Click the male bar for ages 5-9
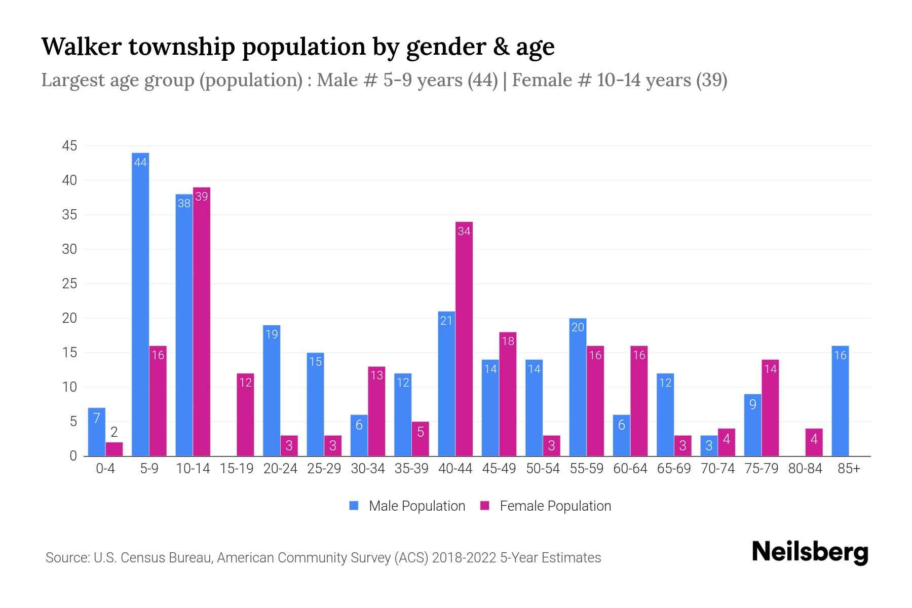(140, 304)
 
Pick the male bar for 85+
(840, 401)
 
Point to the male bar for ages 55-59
(578, 387)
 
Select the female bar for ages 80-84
(814, 442)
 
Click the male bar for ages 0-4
(97, 432)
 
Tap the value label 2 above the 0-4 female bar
(114, 432)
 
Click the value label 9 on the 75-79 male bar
(752, 404)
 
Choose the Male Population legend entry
(407, 506)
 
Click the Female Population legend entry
(545, 506)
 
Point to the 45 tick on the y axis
(69, 146)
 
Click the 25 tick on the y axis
(69, 284)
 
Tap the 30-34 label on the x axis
(368, 469)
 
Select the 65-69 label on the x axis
(674, 469)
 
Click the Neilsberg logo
(810, 552)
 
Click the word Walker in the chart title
(82, 47)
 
